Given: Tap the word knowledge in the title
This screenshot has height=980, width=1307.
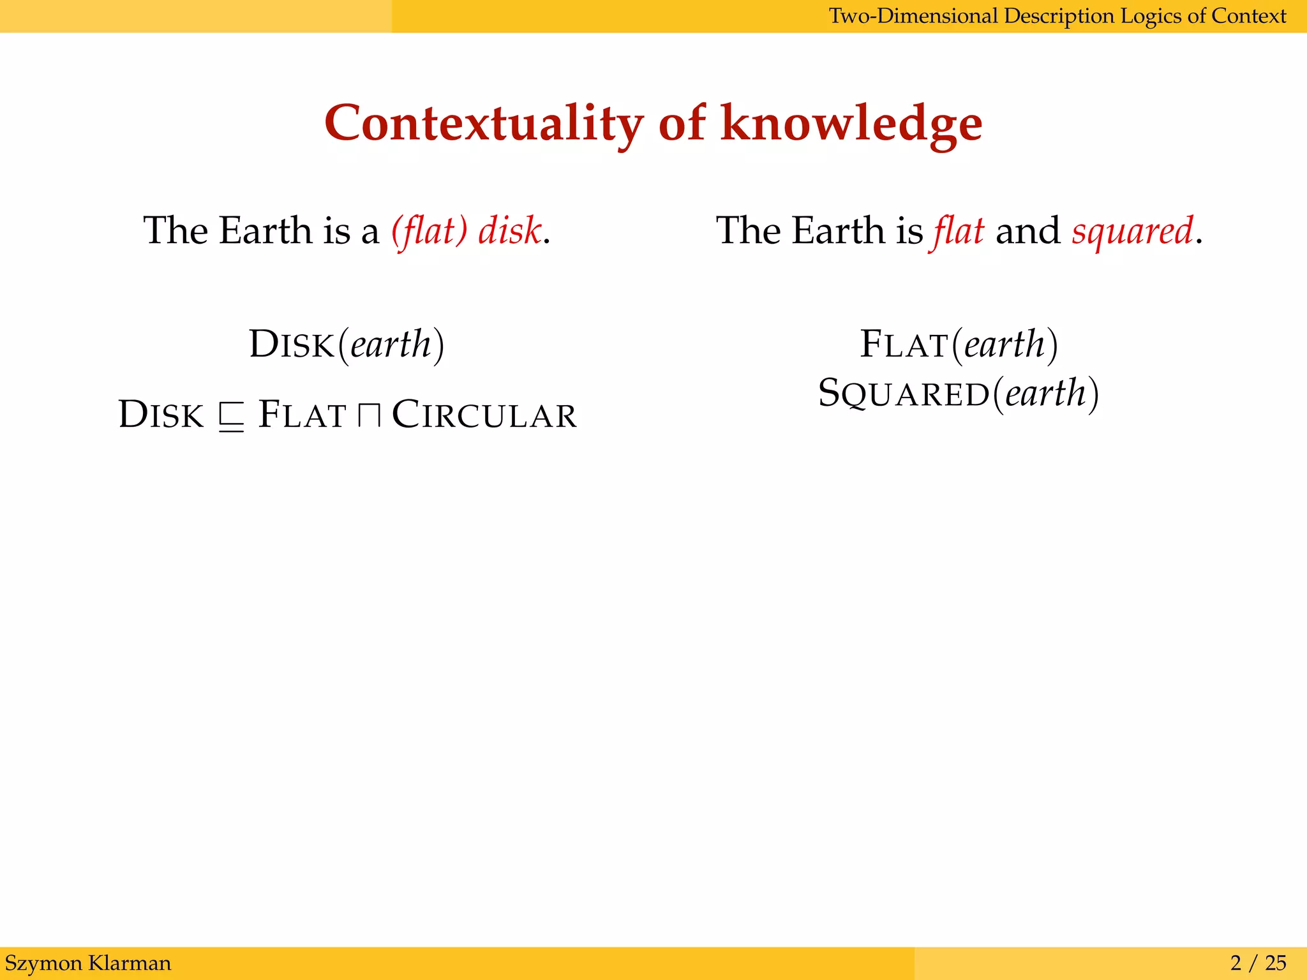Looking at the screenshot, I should point(851,124).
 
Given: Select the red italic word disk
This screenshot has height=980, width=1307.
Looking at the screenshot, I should point(510,230).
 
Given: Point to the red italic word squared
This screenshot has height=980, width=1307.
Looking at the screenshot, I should point(1132,230).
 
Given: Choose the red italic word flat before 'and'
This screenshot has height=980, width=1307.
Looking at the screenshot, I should point(959,230).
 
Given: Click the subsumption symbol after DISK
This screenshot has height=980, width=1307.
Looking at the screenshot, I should point(231,416).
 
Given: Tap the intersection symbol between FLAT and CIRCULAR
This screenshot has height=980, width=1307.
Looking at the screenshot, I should point(369,416).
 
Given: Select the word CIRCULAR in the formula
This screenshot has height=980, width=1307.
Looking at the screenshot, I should point(484,415).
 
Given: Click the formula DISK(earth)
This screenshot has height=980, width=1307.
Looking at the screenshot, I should point(347,345).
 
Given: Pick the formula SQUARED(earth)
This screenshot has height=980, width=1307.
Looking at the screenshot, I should point(959,393).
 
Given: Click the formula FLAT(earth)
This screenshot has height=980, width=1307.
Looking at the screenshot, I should point(959,345).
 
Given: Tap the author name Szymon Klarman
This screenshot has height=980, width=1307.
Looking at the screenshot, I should point(88,963).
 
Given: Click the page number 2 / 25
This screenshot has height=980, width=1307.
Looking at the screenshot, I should point(1258,963).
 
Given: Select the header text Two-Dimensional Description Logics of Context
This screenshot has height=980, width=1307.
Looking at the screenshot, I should point(1057,16).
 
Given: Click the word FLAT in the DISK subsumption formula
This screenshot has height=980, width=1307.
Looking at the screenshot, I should point(302,415).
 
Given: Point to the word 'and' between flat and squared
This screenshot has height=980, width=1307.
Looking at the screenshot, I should point(1027,230).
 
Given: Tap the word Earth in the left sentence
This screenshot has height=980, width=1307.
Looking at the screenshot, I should point(265,230).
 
